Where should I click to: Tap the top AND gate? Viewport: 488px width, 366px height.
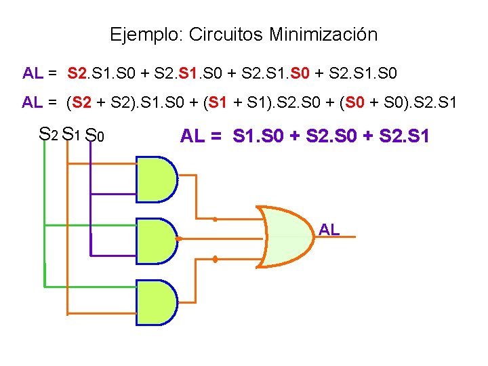[157, 180]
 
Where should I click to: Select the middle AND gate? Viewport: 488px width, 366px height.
[157, 239]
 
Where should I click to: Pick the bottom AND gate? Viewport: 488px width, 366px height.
[157, 303]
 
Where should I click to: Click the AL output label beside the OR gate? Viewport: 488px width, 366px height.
[329, 230]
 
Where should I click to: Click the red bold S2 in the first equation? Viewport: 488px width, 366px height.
[79, 72]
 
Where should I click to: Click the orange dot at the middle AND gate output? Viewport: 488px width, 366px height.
[179, 239]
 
